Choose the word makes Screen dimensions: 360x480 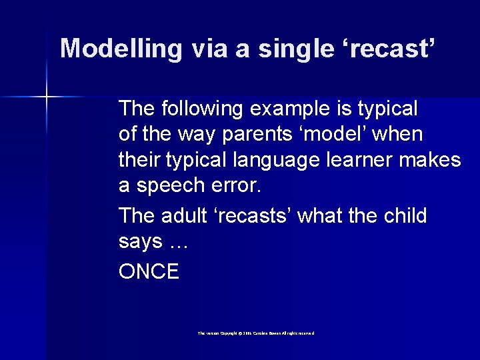(436, 161)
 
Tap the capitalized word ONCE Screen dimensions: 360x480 (149, 271)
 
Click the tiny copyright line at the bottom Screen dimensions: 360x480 (256, 333)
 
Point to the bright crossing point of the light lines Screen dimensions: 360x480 (47, 97)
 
